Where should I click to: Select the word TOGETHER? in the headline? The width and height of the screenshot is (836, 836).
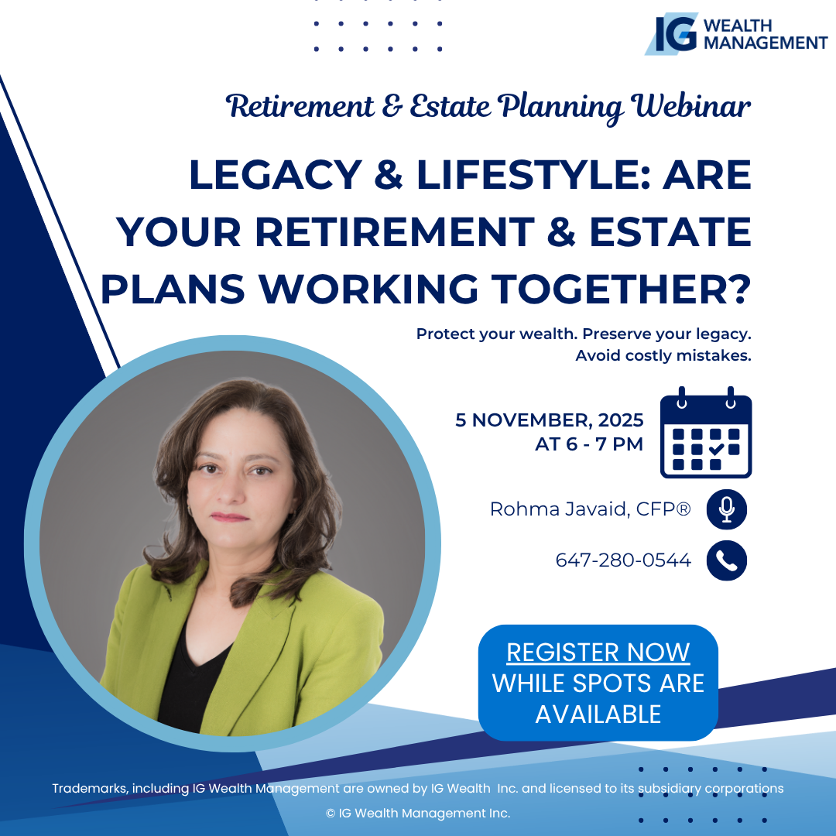[x=621, y=290]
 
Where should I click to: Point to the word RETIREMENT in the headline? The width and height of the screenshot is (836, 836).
[x=395, y=232]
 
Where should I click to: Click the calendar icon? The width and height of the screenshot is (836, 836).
[x=706, y=433]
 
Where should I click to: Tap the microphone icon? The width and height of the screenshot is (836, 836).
[x=727, y=509]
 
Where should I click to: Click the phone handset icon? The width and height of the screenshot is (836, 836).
[x=727, y=560]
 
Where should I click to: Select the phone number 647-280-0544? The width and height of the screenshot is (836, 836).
[x=623, y=560]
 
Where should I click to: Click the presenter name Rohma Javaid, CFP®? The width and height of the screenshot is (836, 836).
[x=590, y=509]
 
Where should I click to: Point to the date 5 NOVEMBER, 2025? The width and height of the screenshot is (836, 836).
[x=550, y=420]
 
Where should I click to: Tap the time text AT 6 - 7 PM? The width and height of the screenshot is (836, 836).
[x=589, y=444]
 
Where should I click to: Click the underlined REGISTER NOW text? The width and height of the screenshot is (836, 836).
[x=598, y=652]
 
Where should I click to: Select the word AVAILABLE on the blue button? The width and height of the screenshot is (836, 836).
[x=598, y=714]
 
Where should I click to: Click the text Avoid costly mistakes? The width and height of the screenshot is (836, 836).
[x=663, y=355]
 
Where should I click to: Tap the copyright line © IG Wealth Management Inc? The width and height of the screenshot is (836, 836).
[x=418, y=813]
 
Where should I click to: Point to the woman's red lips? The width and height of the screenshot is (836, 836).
[x=230, y=517]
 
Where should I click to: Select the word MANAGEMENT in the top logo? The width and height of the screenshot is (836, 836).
[x=766, y=43]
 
